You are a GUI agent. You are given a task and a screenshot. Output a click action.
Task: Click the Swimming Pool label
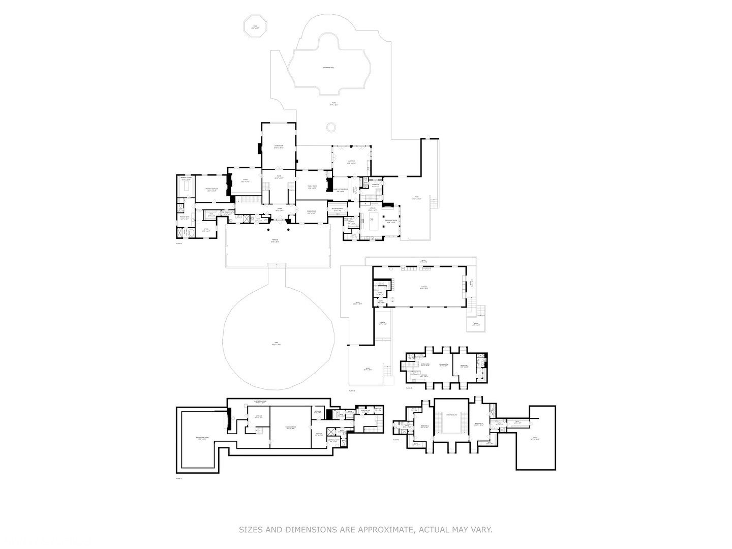click(x=328, y=67)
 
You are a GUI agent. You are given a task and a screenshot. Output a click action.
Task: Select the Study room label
click(x=245, y=179)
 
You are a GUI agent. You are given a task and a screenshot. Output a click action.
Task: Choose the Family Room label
click(x=312, y=187)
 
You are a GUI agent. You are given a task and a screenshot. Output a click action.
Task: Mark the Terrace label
click(x=274, y=241)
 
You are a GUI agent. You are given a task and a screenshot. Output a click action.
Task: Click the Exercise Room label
click(x=291, y=428)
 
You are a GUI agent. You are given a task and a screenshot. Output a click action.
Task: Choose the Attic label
click(x=535, y=438)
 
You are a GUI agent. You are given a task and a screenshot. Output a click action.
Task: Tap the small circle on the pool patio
click(x=331, y=127)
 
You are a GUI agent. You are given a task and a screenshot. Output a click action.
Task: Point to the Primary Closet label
click(x=185, y=179)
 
